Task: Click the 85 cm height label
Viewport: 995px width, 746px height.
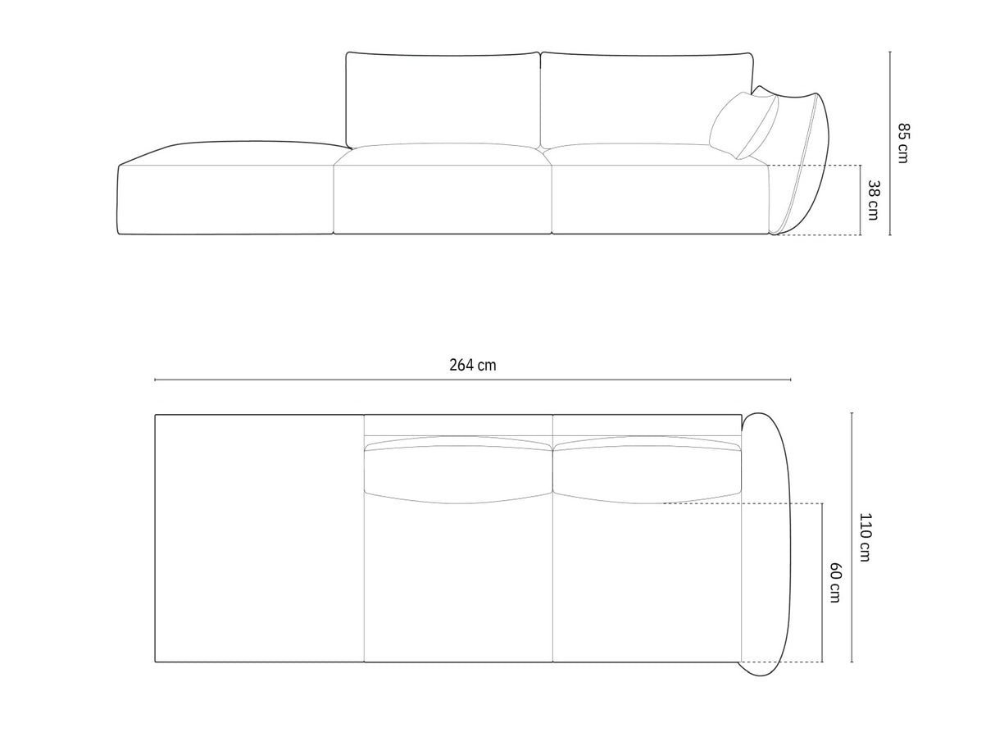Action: (x=903, y=143)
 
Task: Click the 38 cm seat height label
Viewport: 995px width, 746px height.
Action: (x=873, y=201)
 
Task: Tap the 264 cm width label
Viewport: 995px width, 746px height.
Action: (x=472, y=365)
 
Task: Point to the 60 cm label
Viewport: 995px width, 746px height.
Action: (x=834, y=582)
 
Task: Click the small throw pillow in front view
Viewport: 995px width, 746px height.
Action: (x=743, y=124)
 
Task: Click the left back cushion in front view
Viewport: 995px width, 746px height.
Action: (x=443, y=98)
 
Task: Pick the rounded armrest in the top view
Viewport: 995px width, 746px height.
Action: (x=769, y=541)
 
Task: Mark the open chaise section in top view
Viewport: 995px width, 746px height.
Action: (x=258, y=537)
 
